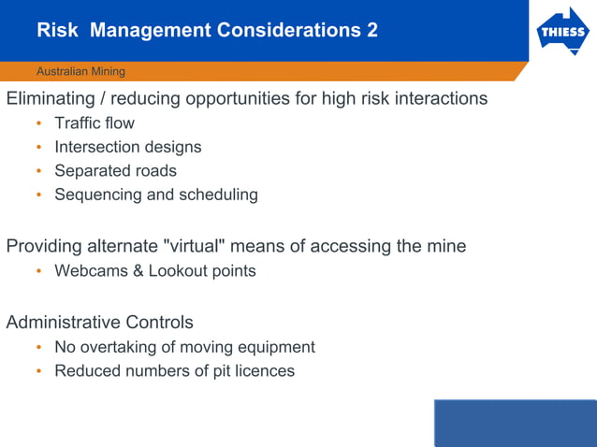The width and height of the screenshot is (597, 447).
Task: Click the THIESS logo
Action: [x=562, y=34]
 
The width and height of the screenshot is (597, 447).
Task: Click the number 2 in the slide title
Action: [x=372, y=30]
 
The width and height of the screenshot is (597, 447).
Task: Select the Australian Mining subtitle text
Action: [x=80, y=71]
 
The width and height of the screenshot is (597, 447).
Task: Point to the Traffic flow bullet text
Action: [x=95, y=123]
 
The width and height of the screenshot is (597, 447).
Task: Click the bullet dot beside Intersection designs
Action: [x=39, y=148]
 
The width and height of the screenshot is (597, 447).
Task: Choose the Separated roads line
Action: [x=115, y=171]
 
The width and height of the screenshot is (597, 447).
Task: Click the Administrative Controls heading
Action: [x=100, y=323]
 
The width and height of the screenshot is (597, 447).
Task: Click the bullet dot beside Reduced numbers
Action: [x=39, y=371]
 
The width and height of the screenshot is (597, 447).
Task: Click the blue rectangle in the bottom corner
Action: [x=515, y=423]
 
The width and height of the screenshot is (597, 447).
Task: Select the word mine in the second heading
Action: [x=445, y=247]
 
